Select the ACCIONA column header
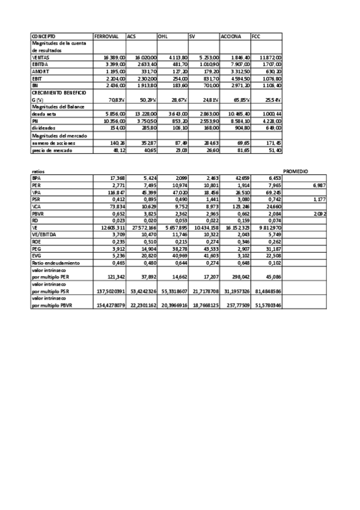(x=231, y=37)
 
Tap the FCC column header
(x=257, y=37)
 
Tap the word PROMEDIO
(x=296, y=172)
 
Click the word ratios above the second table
(x=38, y=172)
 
